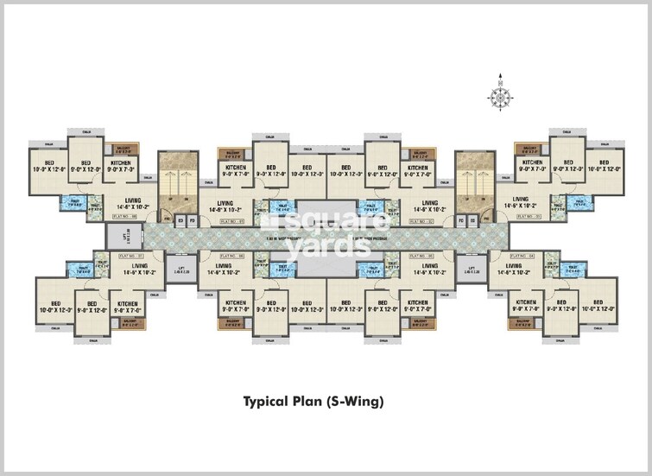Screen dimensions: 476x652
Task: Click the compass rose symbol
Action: coord(500,94)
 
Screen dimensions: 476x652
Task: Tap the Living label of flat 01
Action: coord(227,206)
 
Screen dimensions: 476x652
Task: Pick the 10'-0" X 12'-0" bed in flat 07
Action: coord(54,307)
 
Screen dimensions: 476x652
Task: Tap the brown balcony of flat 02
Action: coord(419,150)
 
